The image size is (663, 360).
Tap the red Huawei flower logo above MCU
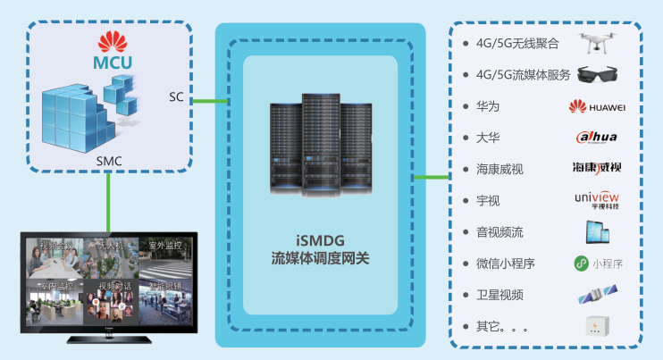click(112, 41)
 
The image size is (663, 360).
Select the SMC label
click(108, 161)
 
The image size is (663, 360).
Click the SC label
click(176, 96)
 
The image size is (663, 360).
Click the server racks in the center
click(319, 143)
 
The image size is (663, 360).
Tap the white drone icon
click(597, 43)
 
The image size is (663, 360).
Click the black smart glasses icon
click(596, 74)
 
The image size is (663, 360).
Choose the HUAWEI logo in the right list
click(597, 107)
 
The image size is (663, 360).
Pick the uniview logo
click(597, 199)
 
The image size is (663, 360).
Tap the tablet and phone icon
click(597, 232)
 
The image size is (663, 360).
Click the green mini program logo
click(597, 264)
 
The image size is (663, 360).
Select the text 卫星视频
click(499, 295)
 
